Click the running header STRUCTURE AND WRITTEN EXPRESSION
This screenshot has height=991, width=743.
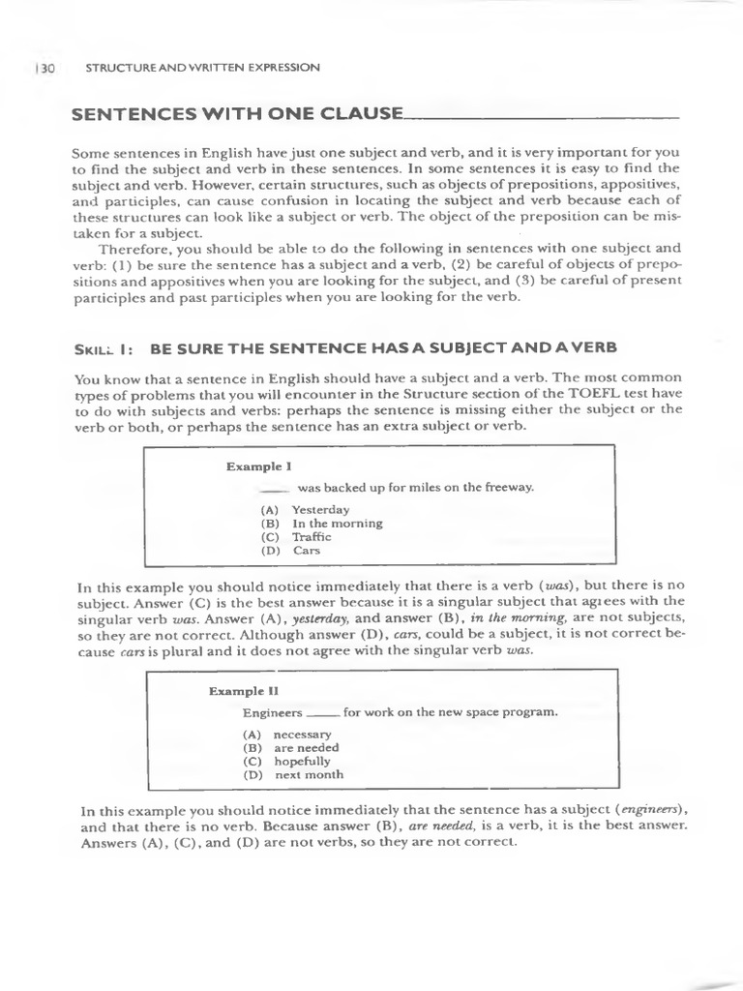pyautogui.click(x=202, y=68)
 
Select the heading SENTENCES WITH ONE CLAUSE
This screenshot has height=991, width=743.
pyautogui.click(x=237, y=114)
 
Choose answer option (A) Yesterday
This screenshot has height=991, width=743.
pyautogui.click(x=305, y=509)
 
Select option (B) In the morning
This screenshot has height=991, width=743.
pyautogui.click(x=321, y=523)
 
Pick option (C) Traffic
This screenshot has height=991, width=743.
pyautogui.click(x=296, y=536)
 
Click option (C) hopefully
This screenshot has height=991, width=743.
pyautogui.click(x=286, y=762)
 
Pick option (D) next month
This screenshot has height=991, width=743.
pyautogui.click(x=292, y=775)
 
